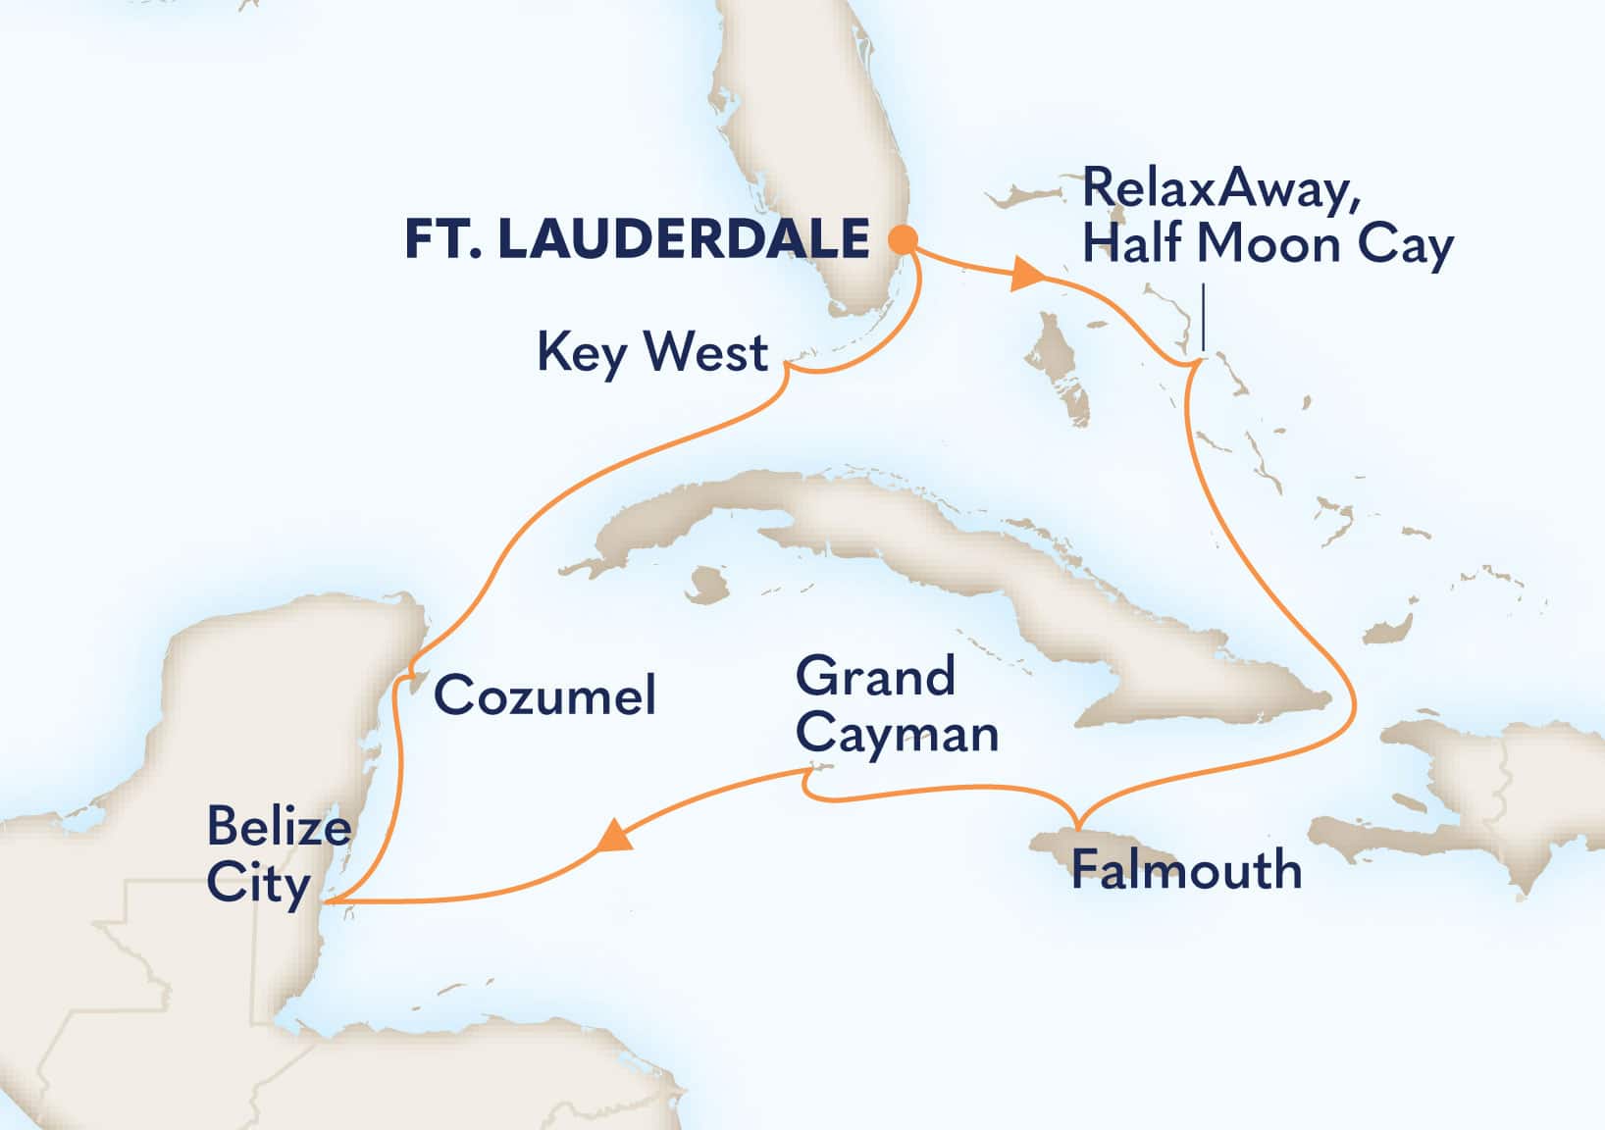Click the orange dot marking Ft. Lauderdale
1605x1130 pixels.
903,239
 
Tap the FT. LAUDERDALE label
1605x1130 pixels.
637,240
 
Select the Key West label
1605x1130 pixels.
651,351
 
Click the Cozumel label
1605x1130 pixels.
544,695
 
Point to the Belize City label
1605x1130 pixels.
278,855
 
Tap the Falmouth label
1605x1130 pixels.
1185,869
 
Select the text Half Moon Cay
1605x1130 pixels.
1267,244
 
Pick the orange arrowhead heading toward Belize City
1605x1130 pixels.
613,837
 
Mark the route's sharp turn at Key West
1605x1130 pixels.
787,367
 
